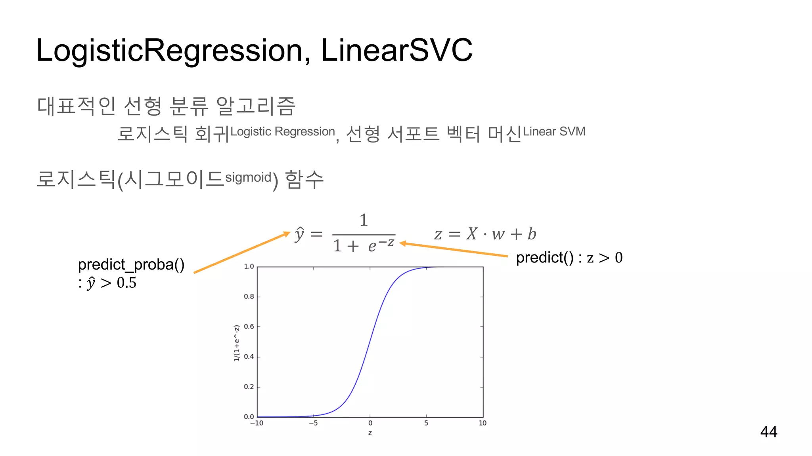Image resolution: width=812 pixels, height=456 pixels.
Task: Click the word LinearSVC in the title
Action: [396, 50]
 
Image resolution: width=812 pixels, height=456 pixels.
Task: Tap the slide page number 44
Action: [768, 431]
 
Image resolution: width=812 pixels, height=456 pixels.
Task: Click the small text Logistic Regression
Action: [282, 131]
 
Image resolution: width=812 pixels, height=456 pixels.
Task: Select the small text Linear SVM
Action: [554, 131]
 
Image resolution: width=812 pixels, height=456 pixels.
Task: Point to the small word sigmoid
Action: [248, 177]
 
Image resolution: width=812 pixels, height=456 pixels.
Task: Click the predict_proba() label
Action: [131, 264]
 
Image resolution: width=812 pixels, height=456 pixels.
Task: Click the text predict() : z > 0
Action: [569, 258]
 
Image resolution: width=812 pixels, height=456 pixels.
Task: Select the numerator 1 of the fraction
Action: [364, 220]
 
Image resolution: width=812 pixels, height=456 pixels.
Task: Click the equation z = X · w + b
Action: [485, 234]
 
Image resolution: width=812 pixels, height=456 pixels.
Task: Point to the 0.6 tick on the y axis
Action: [249, 327]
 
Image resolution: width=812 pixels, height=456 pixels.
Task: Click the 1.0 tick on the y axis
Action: [249, 266]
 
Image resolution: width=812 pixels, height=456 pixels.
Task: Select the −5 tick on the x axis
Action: [313, 423]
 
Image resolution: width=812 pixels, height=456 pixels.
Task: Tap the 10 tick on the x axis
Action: [482, 423]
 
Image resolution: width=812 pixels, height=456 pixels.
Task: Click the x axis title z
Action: [370, 433]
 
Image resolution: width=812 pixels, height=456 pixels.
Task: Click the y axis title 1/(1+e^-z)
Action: [237, 343]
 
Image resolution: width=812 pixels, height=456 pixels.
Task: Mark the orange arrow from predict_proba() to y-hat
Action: [242, 253]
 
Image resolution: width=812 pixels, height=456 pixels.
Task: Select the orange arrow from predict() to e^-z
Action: [454, 250]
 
